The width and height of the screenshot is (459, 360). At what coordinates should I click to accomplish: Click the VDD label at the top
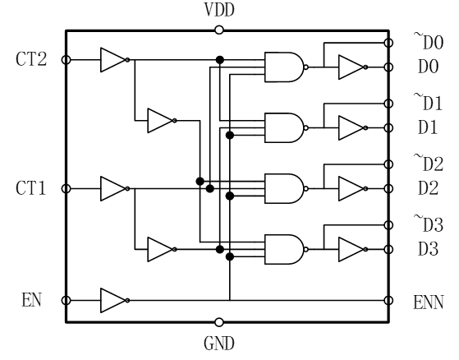click(219, 10)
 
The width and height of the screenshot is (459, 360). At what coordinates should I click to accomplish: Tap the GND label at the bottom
click(219, 344)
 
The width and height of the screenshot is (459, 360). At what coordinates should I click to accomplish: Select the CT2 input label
click(31, 59)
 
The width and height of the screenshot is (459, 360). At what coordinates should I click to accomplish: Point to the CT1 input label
click(31, 188)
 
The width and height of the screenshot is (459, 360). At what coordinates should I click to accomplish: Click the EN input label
click(32, 300)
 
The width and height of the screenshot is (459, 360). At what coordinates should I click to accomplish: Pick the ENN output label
click(429, 302)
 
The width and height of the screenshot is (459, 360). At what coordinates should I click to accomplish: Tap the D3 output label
click(428, 249)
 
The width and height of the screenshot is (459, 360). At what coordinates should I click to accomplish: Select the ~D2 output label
click(429, 163)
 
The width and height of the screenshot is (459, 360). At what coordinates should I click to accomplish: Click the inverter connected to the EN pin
click(115, 300)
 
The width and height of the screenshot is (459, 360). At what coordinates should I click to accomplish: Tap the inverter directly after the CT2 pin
click(115, 60)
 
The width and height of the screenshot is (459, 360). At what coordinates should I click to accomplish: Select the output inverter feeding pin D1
click(353, 127)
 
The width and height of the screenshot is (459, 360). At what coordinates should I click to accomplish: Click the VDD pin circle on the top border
click(219, 30)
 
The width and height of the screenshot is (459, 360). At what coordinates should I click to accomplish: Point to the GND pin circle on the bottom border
click(219, 322)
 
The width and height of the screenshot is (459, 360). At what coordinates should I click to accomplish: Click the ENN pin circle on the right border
click(388, 300)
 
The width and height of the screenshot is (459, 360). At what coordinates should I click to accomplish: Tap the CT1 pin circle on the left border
click(67, 188)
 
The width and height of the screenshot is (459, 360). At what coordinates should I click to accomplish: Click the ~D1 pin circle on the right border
click(388, 104)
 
